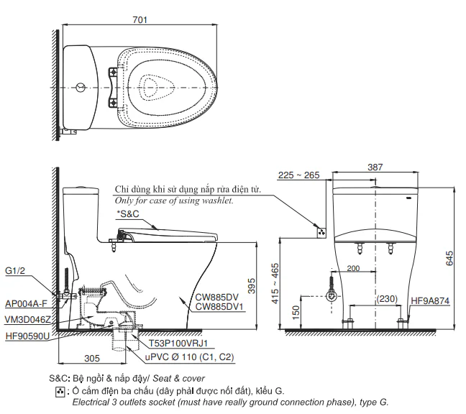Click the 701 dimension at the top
click(x=140, y=19)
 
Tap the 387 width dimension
click(x=375, y=167)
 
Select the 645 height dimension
click(x=449, y=258)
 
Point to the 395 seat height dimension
click(x=252, y=285)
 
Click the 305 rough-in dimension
click(x=92, y=359)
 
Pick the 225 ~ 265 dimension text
click(x=298, y=175)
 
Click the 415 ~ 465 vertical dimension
click(x=275, y=284)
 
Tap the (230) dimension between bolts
click(x=387, y=298)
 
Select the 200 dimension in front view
click(x=353, y=269)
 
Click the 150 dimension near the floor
click(x=296, y=313)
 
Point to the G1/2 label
click(x=15, y=271)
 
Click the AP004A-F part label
click(x=26, y=303)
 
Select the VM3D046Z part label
click(x=27, y=320)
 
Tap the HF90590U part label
click(x=27, y=336)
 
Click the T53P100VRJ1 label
click(x=178, y=344)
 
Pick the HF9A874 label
click(x=430, y=301)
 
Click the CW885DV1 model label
click(x=219, y=306)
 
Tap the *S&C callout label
click(x=128, y=214)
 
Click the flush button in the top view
click(x=81, y=88)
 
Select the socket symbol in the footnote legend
click(x=60, y=392)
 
